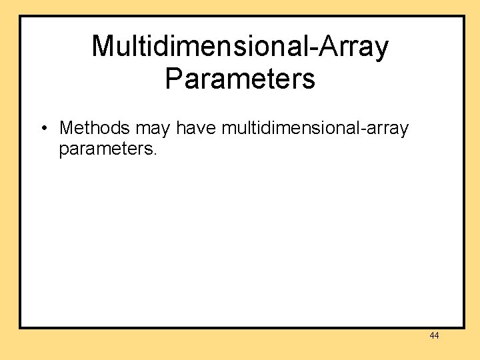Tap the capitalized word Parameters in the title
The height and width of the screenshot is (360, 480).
[240, 79]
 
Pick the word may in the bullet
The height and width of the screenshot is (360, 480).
[153, 129]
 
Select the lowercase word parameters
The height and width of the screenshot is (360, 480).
[105, 149]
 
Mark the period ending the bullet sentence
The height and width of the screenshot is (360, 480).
[155, 153]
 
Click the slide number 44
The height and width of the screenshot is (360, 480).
[434, 336]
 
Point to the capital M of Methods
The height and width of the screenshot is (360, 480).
[66, 127]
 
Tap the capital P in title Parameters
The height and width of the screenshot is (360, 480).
[173, 79]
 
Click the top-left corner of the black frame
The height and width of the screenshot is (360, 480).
[20, 17]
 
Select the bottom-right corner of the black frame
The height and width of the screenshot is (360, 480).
[463, 327]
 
